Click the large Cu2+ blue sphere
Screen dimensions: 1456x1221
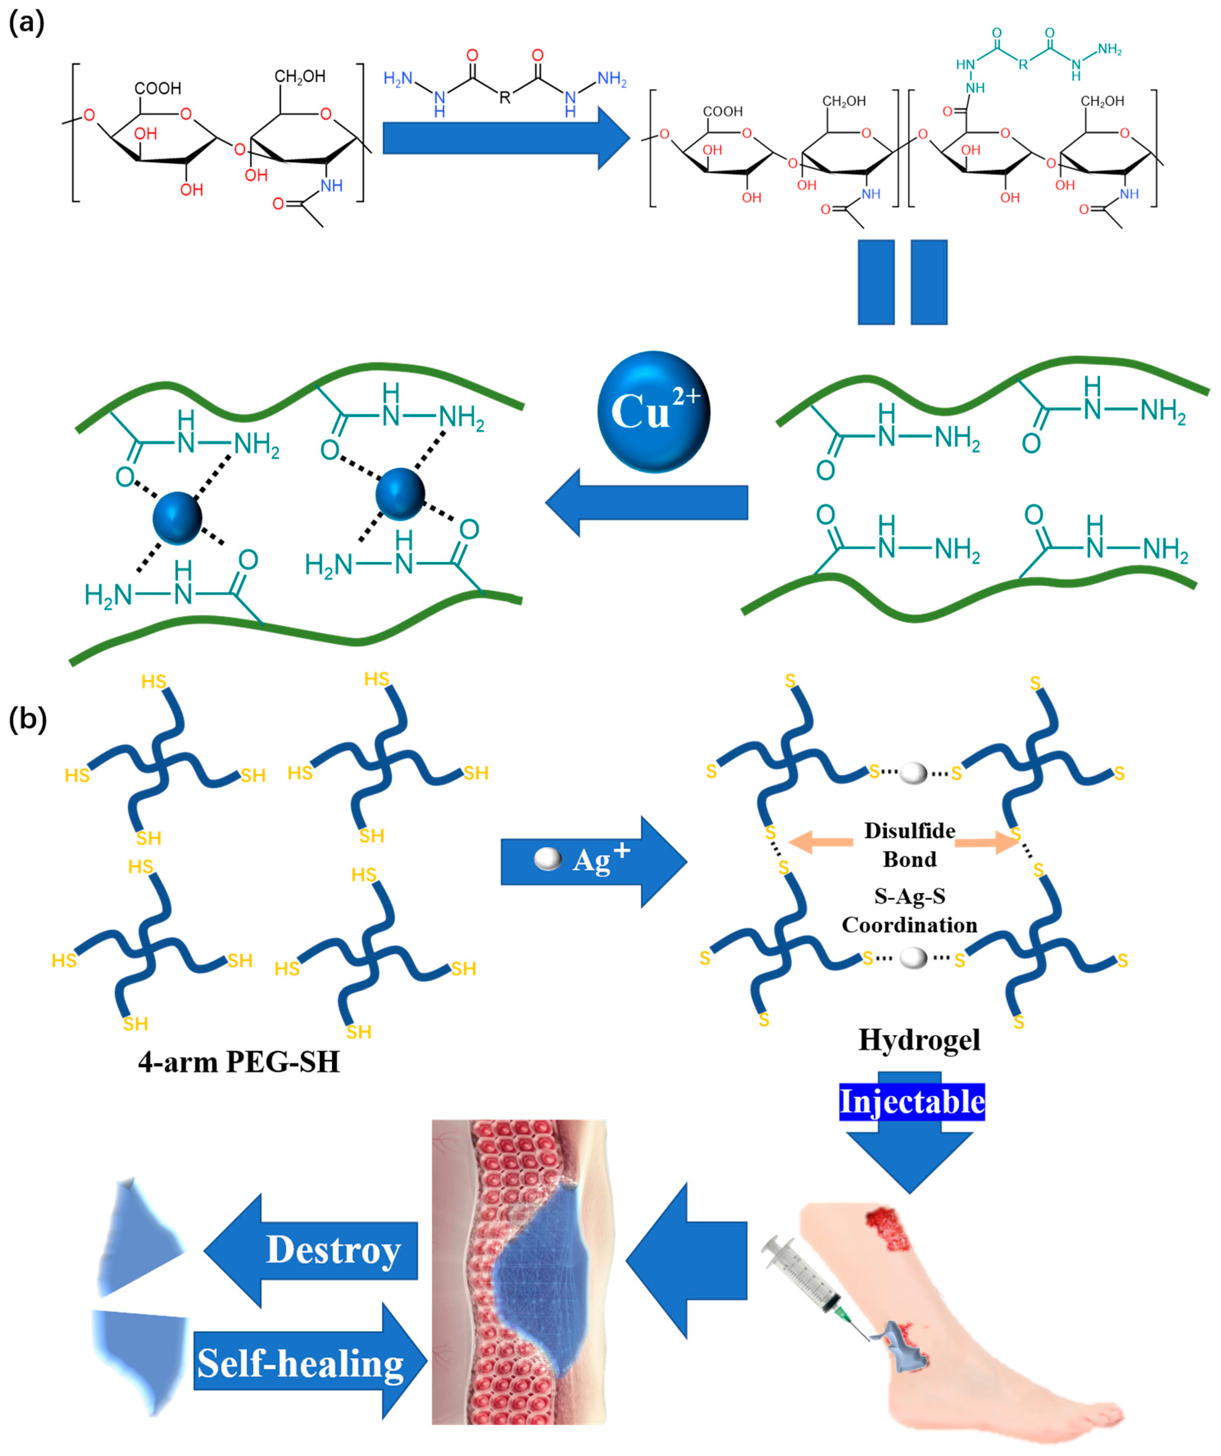coord(653,412)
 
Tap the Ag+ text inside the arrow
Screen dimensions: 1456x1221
coord(601,860)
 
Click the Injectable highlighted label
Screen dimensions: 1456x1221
coord(911,1102)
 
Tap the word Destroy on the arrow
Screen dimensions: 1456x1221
coord(333,1250)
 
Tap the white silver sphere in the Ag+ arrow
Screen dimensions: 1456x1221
coord(548,860)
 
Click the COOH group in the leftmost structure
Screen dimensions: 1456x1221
coord(158,89)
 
